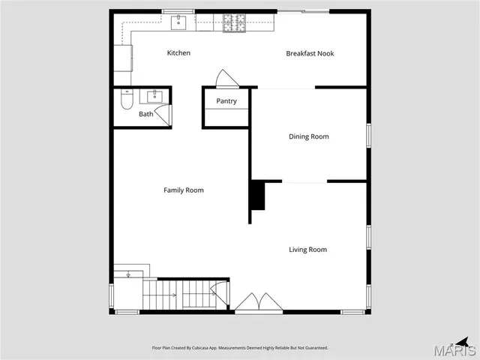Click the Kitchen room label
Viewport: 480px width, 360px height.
[x=178, y=53]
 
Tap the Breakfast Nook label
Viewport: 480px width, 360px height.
[x=310, y=53]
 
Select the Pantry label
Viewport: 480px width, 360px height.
[x=226, y=101]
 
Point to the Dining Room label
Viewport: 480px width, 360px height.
[x=309, y=136]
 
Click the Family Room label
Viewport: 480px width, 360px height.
[x=184, y=190]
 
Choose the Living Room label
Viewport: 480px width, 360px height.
[x=308, y=250]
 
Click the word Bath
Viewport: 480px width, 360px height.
[x=145, y=114]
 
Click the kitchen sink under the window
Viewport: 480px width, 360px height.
[x=178, y=22]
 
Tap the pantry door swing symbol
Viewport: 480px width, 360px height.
[x=226, y=79]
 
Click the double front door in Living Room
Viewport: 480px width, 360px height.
[x=259, y=302]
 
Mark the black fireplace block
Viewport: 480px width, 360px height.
[x=257, y=195]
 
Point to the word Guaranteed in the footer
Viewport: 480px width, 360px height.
[x=316, y=347]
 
